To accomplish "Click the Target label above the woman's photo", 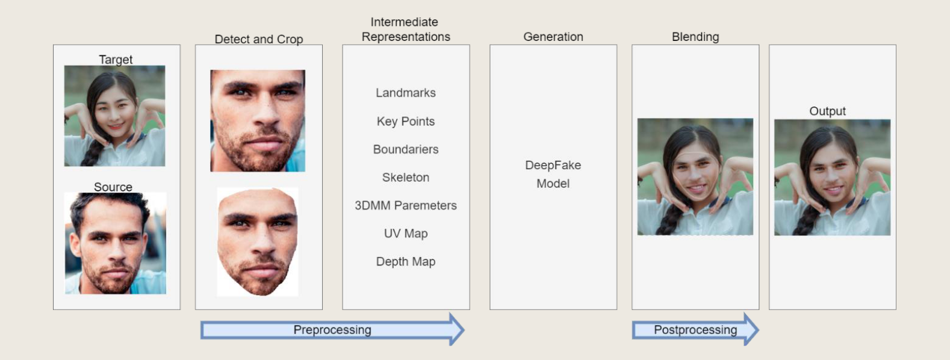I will coord(116,59).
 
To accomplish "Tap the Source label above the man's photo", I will coord(113,187).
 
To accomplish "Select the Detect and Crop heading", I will coord(259,39).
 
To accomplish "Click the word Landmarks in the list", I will coord(406,93).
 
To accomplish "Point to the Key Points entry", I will coord(406,121).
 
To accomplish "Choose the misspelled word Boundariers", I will coord(406,149).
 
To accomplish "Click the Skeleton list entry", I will coord(406,178).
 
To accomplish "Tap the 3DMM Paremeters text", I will coord(406,205).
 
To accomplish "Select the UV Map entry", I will coord(406,234).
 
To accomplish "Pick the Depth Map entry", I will coord(406,261).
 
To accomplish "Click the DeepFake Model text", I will coord(553,174).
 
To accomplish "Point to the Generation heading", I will coord(553,37).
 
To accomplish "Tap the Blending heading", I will coord(695,37).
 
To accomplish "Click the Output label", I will coord(827,111).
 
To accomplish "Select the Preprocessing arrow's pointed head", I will coord(456,329).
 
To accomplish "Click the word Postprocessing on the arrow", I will coord(695,330).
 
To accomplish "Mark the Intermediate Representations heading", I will coord(406,29).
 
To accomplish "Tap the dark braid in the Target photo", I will coord(90,154).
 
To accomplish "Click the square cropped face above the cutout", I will coord(258,120).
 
